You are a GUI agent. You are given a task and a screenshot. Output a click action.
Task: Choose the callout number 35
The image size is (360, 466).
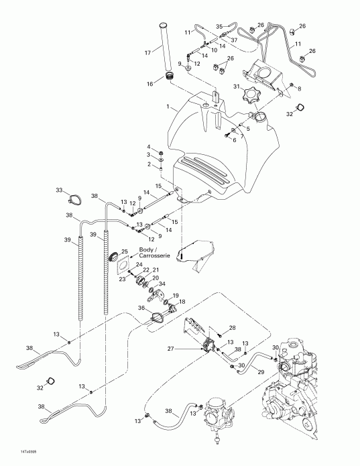coord(219,27)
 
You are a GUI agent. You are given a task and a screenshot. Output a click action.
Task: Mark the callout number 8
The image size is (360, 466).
coord(300,89)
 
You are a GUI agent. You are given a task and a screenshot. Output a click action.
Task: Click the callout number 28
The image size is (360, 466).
coord(233,327)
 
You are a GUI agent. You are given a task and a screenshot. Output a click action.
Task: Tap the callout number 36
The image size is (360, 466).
coord(140,308)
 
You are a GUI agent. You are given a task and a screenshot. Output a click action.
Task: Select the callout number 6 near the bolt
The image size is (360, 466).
coord(234,140)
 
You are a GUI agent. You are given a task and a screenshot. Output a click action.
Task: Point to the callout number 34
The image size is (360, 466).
coord(162,284)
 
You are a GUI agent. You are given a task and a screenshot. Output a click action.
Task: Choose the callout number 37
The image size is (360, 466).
coord(234,39)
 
